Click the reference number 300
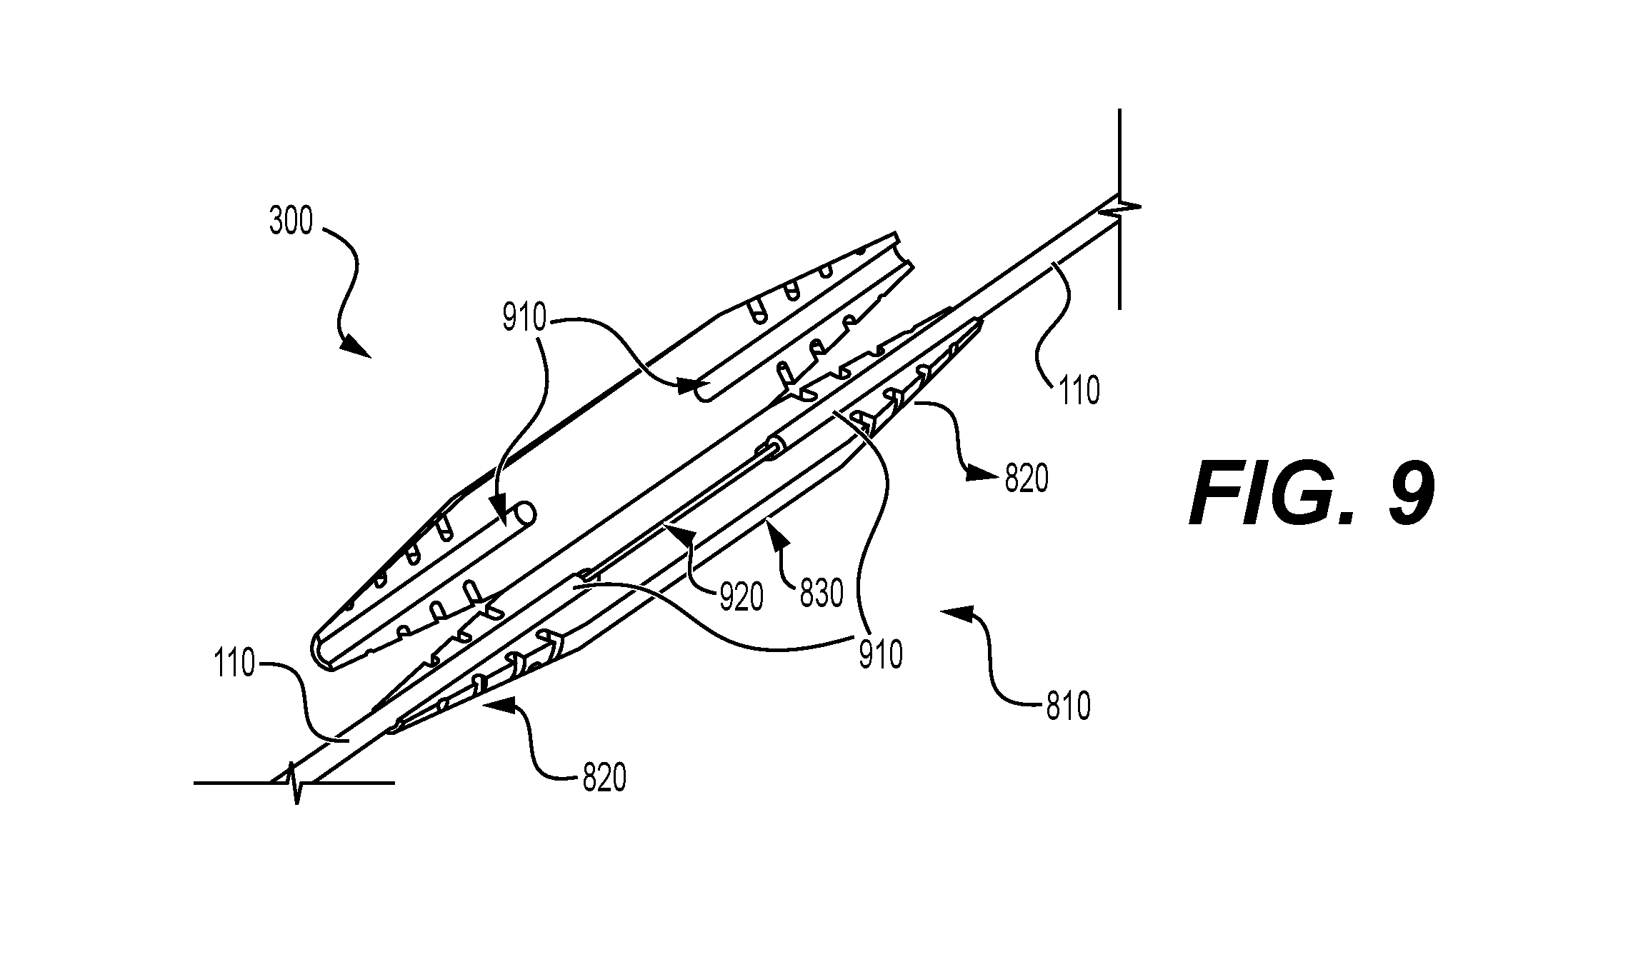pyautogui.click(x=291, y=221)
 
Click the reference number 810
pyautogui.click(x=1068, y=706)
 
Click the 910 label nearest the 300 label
pyautogui.click(x=524, y=319)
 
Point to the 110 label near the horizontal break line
pyautogui.click(x=233, y=665)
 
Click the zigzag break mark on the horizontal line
pyautogui.click(x=294, y=782)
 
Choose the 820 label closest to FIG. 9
pyautogui.click(x=1027, y=479)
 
